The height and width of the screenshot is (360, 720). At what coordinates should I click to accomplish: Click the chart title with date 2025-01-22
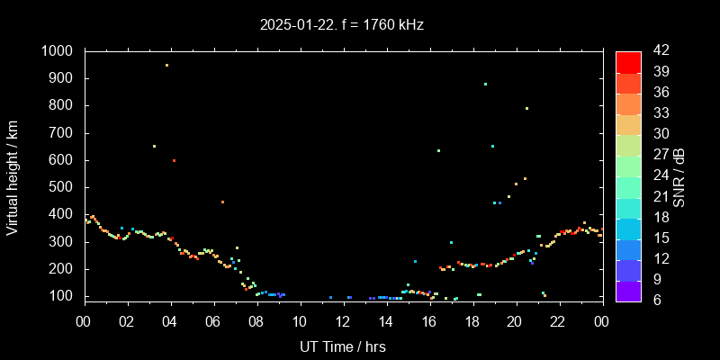341,25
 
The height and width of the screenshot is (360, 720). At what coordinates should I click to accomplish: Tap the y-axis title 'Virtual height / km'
13,177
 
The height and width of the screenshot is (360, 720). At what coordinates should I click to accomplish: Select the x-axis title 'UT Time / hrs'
342,346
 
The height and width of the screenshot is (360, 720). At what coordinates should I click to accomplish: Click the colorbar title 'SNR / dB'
679,177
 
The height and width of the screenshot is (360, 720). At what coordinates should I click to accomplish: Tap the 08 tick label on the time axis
256,320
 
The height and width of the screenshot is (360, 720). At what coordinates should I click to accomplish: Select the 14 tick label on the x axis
385,320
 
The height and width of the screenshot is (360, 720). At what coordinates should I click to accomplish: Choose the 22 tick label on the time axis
558,320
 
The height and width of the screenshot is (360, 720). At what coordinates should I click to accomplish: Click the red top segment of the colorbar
628,61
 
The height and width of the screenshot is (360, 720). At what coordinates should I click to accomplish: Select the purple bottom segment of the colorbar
628,290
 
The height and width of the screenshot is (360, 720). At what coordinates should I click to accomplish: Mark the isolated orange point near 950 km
166,65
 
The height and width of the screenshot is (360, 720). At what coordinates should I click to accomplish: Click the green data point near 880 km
485,84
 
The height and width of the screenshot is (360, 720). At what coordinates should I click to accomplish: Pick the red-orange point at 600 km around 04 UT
174,160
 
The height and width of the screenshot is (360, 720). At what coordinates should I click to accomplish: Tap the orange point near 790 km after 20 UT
526,108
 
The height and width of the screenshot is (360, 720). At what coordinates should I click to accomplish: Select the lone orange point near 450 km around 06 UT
222,202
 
